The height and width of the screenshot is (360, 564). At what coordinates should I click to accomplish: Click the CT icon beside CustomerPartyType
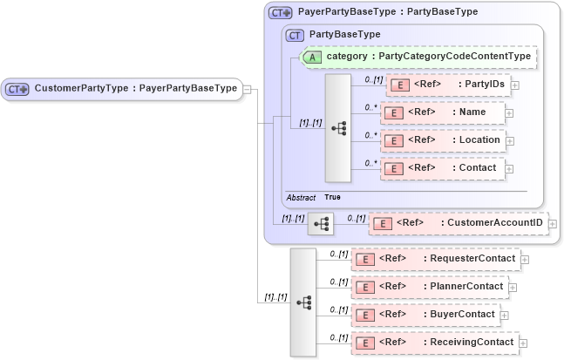tap(17, 89)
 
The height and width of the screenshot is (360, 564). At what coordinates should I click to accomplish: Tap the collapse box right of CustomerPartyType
tap(248, 89)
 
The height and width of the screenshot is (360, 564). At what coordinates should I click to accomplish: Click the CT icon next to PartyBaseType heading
tap(295, 35)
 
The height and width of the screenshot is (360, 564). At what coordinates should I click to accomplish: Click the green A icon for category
tap(312, 57)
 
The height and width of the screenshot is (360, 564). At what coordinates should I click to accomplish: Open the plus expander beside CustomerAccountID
tap(553, 224)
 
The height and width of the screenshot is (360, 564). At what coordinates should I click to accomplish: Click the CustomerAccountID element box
tap(459, 223)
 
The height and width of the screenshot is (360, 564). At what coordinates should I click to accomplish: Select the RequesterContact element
tap(435, 259)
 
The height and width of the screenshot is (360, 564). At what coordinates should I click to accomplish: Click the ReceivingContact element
tap(435, 343)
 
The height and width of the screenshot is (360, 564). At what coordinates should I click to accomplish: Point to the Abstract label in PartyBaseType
tap(301, 198)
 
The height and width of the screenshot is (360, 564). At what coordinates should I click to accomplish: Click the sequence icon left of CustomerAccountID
tap(321, 224)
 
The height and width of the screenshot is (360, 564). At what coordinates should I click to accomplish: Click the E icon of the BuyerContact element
tap(367, 315)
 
